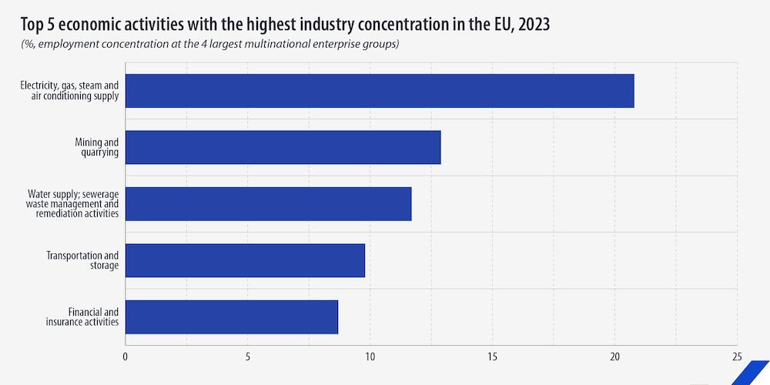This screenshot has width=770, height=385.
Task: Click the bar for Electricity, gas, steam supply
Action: tap(379, 91)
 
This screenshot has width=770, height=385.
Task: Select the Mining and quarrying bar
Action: tap(283, 147)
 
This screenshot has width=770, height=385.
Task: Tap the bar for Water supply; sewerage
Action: tap(268, 204)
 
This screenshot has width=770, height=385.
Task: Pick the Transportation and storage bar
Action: tap(245, 260)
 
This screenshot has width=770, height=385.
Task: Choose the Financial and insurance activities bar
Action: tap(231, 316)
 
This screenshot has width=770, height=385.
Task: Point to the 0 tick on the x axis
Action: tap(126, 357)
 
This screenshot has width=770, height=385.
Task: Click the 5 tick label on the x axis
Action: tap(248, 357)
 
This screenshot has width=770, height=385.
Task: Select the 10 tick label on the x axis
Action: tap(370, 357)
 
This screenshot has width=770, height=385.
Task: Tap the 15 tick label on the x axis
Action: tap(492, 357)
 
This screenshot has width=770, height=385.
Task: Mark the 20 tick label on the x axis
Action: tap(614, 357)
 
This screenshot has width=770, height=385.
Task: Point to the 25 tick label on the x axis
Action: tap(737, 357)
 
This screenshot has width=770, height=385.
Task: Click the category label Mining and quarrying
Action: tap(96, 147)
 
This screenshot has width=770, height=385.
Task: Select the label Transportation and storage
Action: tap(82, 260)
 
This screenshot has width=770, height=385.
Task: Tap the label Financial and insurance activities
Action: tap(82, 316)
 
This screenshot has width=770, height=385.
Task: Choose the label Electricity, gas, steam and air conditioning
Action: tap(69, 91)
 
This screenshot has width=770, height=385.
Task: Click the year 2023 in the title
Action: tap(534, 25)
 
